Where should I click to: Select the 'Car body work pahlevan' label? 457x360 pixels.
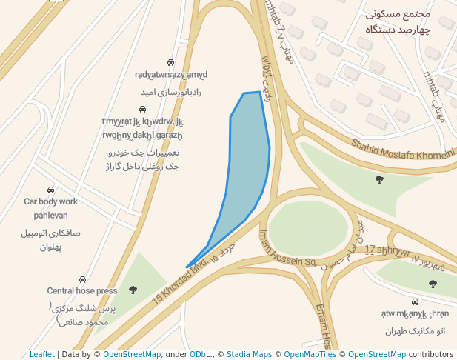coord(50,208)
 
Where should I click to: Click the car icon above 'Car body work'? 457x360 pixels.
coord(50,190)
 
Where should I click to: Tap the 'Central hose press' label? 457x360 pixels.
coord(81,291)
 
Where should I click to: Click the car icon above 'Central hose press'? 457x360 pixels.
coord(82,280)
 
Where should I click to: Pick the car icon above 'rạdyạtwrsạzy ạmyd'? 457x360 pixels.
coord(170,63)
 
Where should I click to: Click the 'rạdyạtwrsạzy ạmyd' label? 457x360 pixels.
coord(171,75)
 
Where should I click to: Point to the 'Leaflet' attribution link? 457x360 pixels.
coord(41,355)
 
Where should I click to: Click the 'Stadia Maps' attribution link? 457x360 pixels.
coord(249,355)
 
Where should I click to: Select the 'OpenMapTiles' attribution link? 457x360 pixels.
coord(310,355)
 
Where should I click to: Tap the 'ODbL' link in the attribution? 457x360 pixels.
coord(201,355)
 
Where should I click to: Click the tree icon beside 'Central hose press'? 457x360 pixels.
coord(133,290)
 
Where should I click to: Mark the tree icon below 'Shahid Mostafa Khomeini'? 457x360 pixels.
coord(380,179)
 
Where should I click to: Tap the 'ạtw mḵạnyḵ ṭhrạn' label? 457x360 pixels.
coord(415,314)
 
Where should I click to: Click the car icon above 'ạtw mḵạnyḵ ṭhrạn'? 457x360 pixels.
coord(415,302)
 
